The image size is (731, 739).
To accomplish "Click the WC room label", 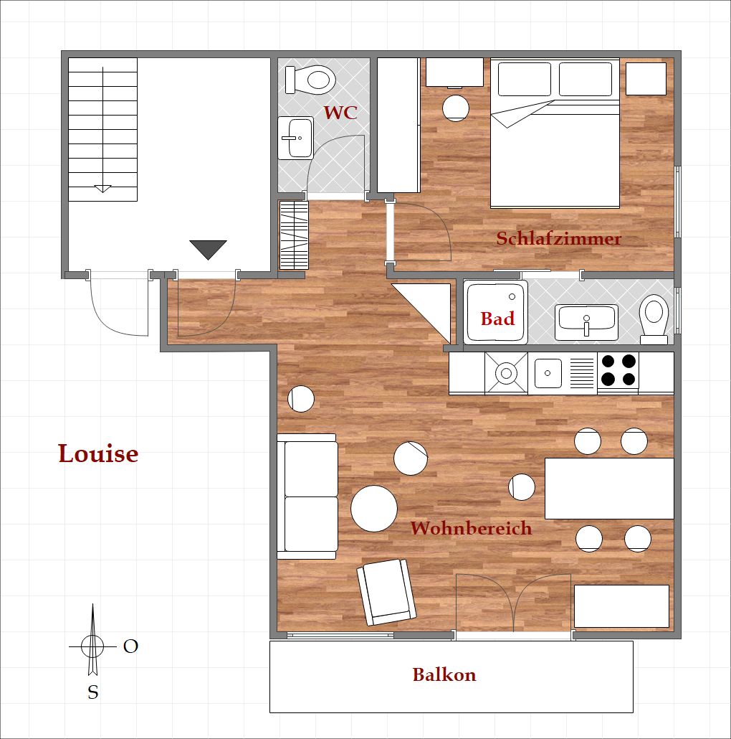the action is (340, 113).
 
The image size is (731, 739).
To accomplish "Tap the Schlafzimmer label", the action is (559, 238).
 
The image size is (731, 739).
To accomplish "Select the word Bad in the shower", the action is (497, 319).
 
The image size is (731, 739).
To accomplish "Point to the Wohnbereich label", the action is (471, 528).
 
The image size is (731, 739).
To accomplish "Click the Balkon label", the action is (444, 674).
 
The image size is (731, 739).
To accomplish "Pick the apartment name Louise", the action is (98, 453).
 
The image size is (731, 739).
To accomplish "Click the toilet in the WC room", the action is (310, 79).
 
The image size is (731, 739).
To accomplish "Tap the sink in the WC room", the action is (295, 138).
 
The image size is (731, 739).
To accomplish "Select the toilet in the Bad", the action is (654, 319).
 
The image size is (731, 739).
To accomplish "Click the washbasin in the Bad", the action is (586, 322).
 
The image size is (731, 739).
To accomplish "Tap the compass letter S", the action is (93, 692).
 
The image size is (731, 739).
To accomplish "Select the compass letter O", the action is (130, 646).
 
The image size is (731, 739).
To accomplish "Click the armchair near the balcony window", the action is (386, 592).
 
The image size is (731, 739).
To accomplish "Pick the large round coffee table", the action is (374, 509).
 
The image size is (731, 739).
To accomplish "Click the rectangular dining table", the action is (610, 489).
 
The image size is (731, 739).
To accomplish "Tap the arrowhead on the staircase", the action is (102, 189).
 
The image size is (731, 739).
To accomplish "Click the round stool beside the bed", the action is (456, 108).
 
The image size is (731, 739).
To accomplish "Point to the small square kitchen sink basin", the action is (548, 373).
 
